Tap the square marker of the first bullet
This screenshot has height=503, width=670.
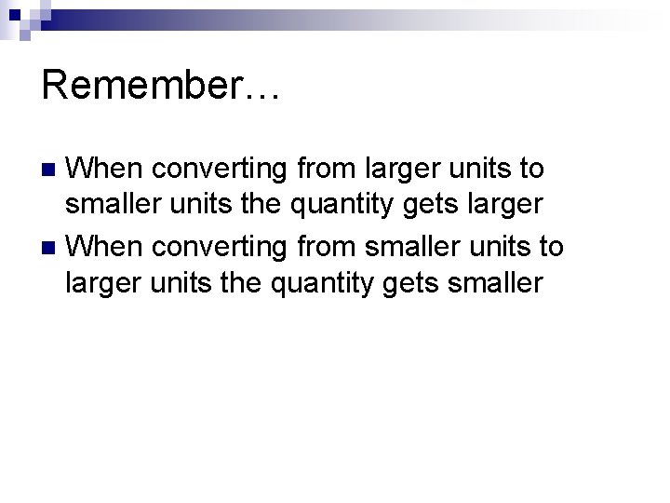[x=52, y=170]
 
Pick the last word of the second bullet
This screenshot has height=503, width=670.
[x=497, y=285]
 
